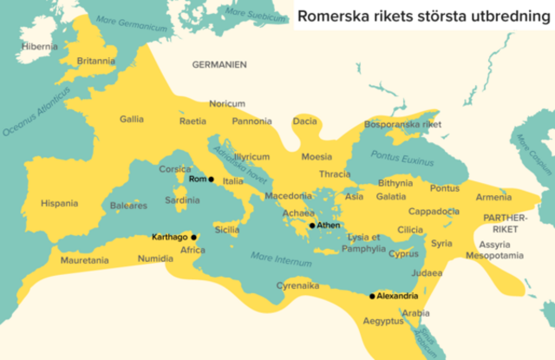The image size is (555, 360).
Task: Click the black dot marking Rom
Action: tap(212, 179)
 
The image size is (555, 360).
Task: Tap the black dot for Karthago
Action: tap(194, 236)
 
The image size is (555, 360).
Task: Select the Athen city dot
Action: tap(311, 226)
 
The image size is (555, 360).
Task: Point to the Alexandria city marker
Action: tap(372, 296)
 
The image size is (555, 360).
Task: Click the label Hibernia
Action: tap(39, 46)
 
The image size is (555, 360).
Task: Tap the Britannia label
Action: tap(95, 61)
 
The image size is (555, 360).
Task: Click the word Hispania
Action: tap(59, 204)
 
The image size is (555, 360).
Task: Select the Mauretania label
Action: tap(84, 260)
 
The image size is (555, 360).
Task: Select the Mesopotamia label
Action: tap(495, 256)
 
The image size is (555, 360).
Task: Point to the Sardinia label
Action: tap(182, 200)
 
